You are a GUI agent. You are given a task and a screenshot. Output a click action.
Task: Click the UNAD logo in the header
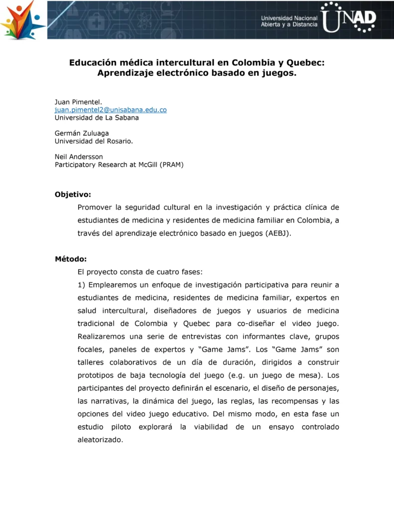coord(348,17)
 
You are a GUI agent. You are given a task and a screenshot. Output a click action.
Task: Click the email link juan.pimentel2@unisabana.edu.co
coord(111,110)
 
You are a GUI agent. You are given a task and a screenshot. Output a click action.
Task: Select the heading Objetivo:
coord(73,194)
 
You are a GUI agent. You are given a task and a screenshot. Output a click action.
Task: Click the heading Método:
coord(71,259)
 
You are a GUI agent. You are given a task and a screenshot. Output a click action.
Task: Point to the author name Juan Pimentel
coord(78,102)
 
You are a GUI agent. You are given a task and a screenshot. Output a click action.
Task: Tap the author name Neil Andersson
coord(79,156)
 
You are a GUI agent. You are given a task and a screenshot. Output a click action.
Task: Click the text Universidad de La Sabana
coord(97,118)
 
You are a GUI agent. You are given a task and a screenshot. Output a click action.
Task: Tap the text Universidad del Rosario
coord(94,141)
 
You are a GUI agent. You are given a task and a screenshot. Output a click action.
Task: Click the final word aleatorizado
coord(100,440)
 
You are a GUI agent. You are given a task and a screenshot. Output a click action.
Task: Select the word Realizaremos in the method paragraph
coord(102,336)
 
